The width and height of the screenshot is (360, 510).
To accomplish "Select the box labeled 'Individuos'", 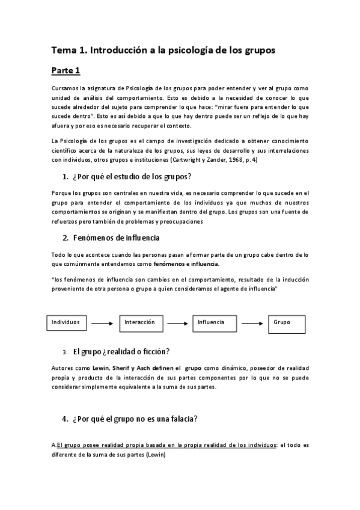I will tap(66, 323).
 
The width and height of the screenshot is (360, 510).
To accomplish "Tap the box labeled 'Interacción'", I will tap(141, 323).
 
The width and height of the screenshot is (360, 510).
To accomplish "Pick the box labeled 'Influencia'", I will tap(215, 323).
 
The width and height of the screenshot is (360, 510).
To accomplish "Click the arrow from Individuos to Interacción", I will tap(102, 324).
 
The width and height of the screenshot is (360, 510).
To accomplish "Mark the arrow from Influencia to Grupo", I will tap(252, 324).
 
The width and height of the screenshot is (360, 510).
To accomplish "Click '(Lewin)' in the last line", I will tap(153, 455).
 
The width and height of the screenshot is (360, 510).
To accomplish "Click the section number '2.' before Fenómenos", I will tap(66, 238).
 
